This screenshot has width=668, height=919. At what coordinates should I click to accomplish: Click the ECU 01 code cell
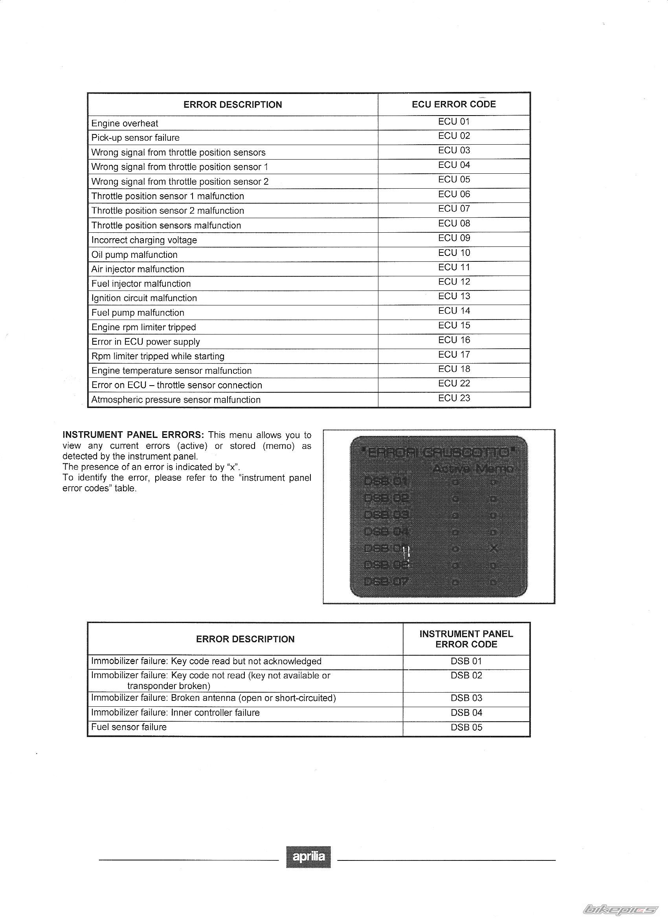point(454,121)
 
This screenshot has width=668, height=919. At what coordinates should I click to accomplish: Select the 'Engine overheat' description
point(125,123)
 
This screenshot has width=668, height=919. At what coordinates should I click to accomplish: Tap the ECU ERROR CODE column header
point(454,104)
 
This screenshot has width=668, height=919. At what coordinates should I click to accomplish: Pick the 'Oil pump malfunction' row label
point(134,254)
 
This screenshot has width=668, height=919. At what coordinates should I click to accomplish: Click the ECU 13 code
point(454,296)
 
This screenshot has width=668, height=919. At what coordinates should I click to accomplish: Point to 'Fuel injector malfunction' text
point(141,284)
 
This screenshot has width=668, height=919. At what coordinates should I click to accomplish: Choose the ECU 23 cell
point(454,398)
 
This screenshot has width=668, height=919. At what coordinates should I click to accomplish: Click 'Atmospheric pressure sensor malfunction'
point(176,399)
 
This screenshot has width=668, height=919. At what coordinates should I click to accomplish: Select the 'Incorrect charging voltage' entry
point(144,240)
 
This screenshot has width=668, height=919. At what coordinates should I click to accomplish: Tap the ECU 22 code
point(454,383)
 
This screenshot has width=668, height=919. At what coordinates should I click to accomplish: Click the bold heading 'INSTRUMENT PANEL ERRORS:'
point(133,435)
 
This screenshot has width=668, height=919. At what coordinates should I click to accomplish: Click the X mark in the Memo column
point(493,549)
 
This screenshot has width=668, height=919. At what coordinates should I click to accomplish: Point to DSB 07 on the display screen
point(386,582)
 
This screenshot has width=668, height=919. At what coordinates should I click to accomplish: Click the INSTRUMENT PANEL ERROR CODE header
point(466,639)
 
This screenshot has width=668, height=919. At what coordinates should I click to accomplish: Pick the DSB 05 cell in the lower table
point(466,727)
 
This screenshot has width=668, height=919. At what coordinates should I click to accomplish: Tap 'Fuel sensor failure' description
point(129,727)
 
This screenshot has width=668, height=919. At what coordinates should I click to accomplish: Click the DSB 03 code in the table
point(466,698)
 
